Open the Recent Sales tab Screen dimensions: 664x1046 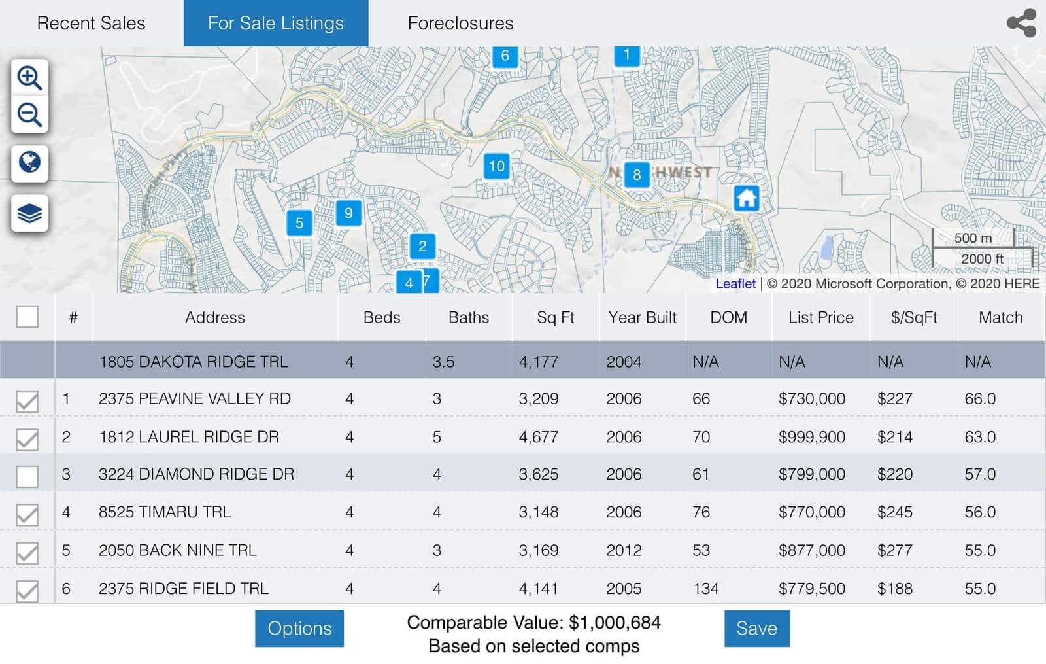[91, 23]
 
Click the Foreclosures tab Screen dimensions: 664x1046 [460, 23]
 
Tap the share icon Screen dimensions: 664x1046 [1021, 23]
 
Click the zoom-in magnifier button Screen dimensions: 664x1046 [29, 78]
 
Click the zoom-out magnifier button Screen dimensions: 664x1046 [29, 115]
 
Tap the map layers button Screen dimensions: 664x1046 [29, 213]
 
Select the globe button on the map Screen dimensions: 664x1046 [29, 162]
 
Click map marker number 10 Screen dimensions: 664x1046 [497, 166]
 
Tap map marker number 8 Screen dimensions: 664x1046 [636, 175]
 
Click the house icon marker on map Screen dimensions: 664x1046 [746, 198]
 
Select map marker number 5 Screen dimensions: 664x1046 [299, 223]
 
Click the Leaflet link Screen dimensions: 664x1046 [735, 283]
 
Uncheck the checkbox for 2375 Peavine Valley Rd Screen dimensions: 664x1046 [27, 400]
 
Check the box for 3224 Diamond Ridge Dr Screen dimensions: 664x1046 [27, 476]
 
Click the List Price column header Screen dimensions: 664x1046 [820, 317]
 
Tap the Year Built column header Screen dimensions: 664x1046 [642, 317]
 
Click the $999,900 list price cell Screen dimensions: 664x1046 [811, 436]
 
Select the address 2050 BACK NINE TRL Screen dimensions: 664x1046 [177, 550]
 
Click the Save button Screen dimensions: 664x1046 [756, 628]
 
